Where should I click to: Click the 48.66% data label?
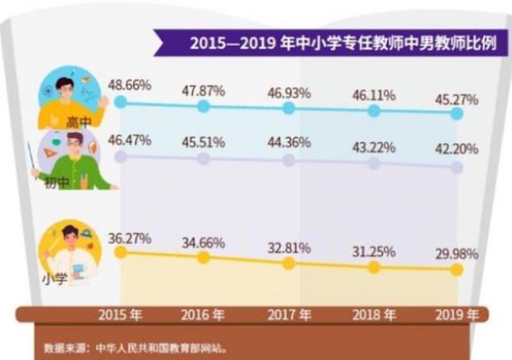click(130, 85)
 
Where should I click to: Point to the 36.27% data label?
click(130, 237)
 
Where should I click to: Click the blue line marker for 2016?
click(204, 107)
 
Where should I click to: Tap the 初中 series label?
click(58, 182)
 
